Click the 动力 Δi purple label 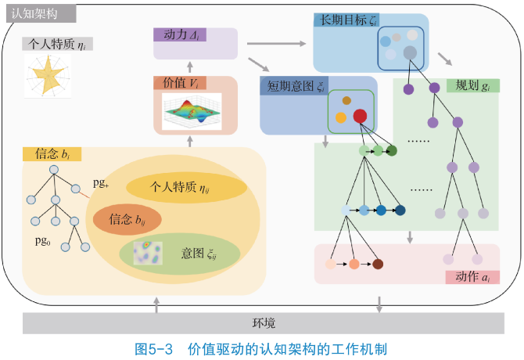pos(179,34)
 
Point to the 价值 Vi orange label pos(180,83)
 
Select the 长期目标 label pos(343,20)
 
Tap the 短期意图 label pos(295,85)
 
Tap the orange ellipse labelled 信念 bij pos(127,221)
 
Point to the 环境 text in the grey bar pos(263,322)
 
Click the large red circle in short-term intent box pos(360,117)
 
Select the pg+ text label pos(101,183)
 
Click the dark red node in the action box pos(378,265)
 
